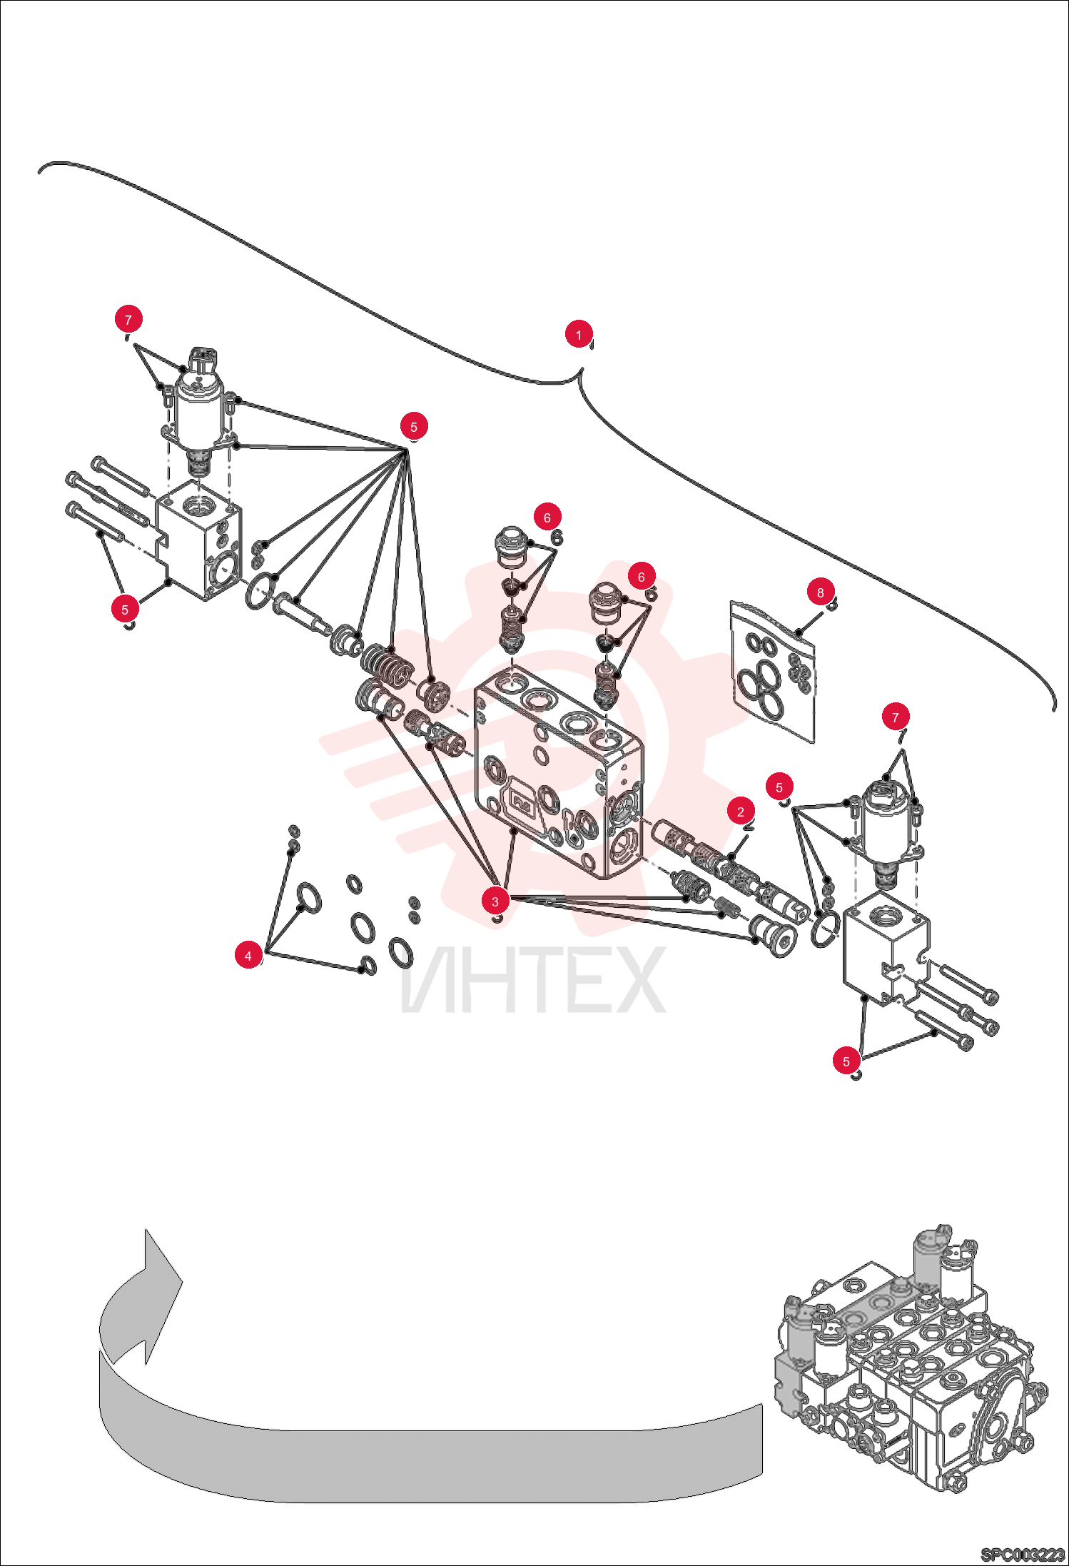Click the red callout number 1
point(579,334)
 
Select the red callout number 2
point(741,812)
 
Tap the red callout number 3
point(495,901)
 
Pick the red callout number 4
point(248,956)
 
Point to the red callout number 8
point(821,592)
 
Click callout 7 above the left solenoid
point(128,319)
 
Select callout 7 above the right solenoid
point(896,717)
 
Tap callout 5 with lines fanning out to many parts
point(414,427)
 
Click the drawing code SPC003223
point(1023,1554)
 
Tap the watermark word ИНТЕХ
point(534,979)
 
